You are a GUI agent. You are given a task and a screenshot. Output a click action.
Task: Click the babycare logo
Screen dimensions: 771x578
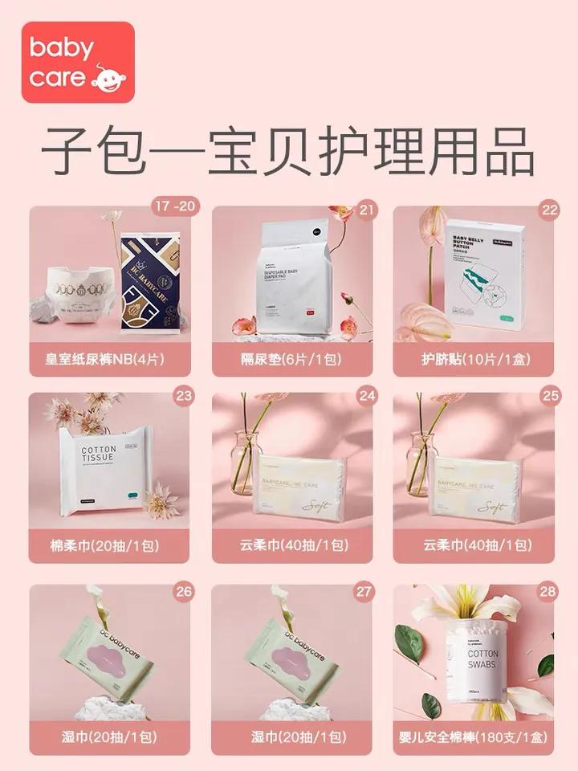[x=78, y=62]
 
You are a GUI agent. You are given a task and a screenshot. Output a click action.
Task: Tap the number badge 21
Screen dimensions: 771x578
[x=367, y=211]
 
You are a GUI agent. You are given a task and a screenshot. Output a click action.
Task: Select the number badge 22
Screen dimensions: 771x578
[x=549, y=211]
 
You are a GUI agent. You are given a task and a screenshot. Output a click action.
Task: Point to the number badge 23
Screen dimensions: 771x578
[x=185, y=394]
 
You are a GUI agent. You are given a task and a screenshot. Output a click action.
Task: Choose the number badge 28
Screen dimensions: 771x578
[x=549, y=592]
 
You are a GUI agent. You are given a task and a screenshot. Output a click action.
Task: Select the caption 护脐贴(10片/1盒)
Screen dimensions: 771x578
[x=474, y=359]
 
